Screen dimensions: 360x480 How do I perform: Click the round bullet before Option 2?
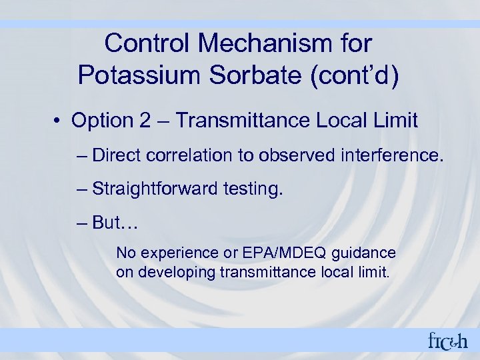pyautogui.click(x=59, y=121)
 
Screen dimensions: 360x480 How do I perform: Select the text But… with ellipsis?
pyautogui.click(x=115, y=223)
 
